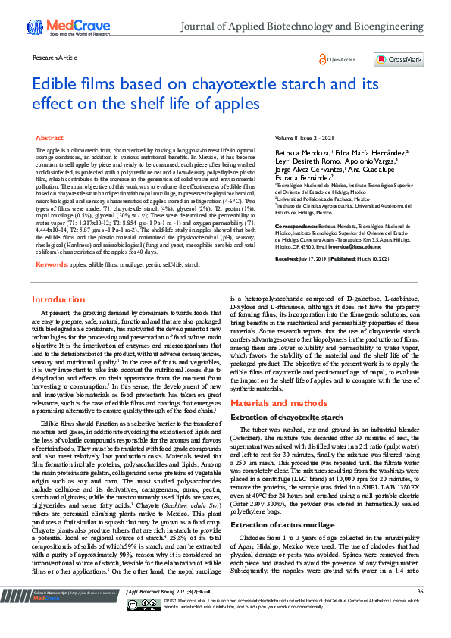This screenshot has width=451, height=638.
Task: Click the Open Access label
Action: click(339, 59)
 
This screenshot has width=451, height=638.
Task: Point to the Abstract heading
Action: click(50, 139)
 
